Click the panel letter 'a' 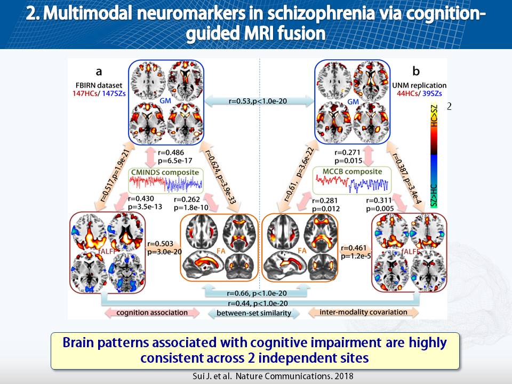[x=99, y=70]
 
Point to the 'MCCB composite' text [x=353, y=172]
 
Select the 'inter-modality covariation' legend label [x=364, y=312]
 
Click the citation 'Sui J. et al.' [x=212, y=376]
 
